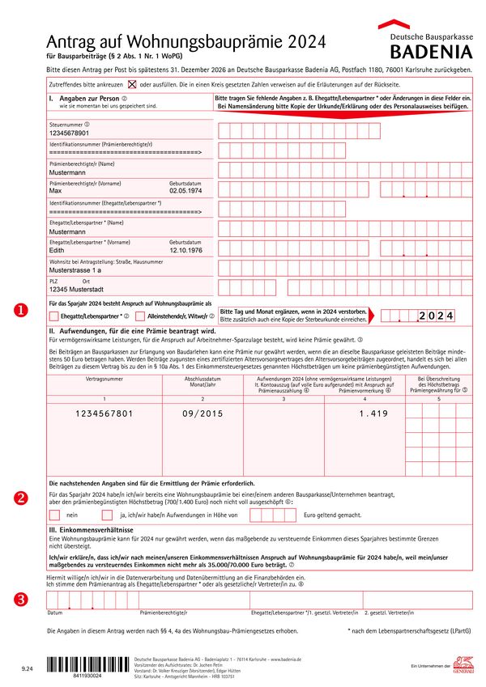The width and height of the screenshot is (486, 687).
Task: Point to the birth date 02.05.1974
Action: pos(185,190)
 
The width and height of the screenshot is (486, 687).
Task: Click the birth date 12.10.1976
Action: pos(185,250)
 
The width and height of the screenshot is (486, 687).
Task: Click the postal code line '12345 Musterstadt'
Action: pos(76,289)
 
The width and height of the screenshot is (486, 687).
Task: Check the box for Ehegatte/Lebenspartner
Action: pos(53,316)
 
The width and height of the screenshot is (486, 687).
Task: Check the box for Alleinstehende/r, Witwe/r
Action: pos(141,316)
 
